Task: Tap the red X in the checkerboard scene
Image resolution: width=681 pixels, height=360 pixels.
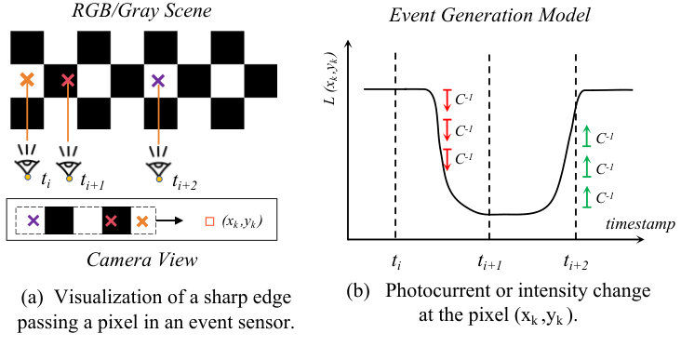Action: [x=68, y=82]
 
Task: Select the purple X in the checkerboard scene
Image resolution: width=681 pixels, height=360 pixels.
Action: [x=158, y=82]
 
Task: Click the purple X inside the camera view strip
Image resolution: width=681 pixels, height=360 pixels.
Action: [x=33, y=221]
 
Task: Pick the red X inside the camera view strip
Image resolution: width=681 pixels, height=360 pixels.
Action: [x=112, y=221]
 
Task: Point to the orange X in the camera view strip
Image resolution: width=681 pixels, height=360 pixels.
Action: [x=141, y=221]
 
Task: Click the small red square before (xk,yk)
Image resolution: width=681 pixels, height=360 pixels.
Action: [x=210, y=221]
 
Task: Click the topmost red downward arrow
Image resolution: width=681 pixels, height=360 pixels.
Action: [x=447, y=99]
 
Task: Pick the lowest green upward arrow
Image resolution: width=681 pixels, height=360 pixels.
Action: [x=587, y=197]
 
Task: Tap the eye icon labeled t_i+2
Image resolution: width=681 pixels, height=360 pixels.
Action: [x=159, y=167]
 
